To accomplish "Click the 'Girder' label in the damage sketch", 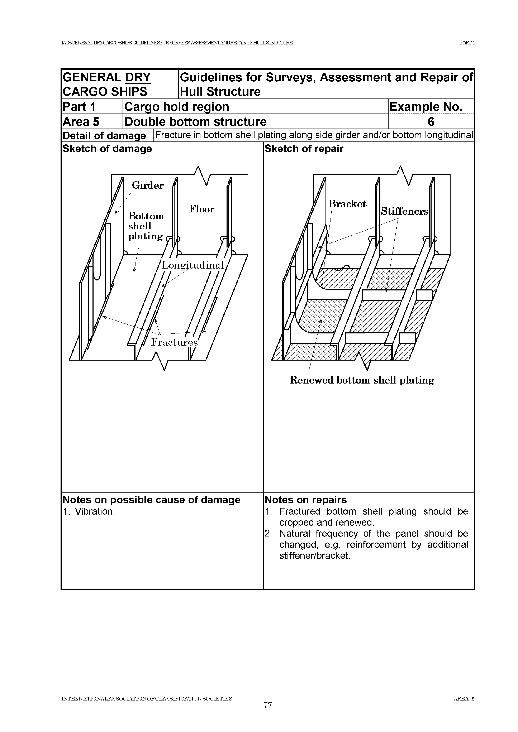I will [148, 185].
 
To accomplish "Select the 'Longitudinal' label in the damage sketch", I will [193, 265].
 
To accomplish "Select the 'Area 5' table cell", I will [81, 122].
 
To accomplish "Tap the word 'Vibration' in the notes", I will [94, 511].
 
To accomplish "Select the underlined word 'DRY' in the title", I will [138, 77].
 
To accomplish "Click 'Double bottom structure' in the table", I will [195, 122].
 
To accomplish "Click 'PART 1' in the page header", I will [467, 43].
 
